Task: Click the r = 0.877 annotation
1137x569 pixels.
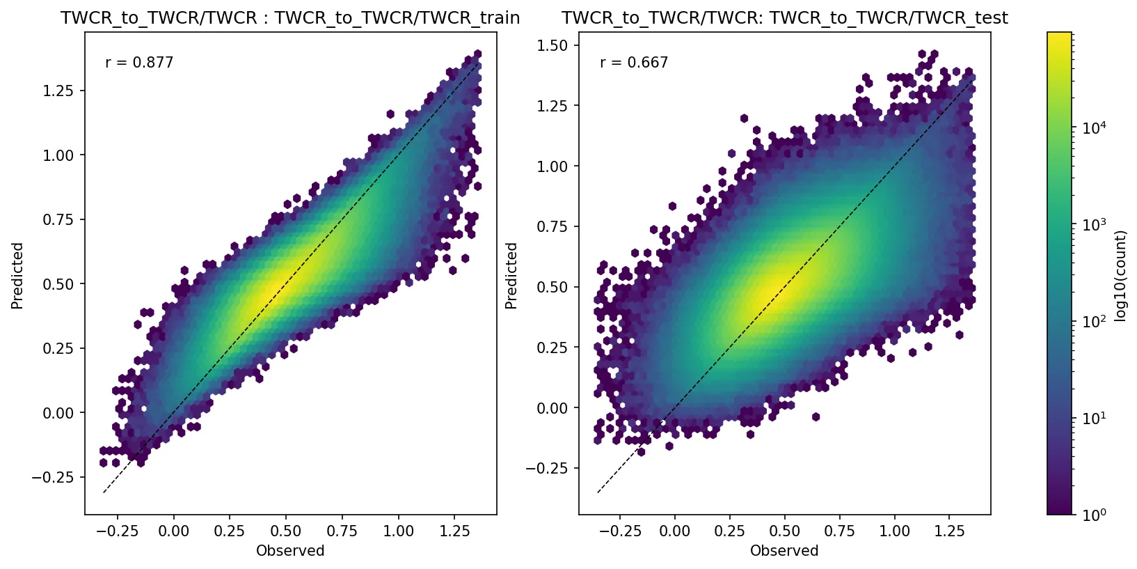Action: (x=139, y=63)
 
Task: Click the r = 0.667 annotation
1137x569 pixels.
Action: (x=633, y=63)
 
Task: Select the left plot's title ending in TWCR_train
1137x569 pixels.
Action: (x=290, y=18)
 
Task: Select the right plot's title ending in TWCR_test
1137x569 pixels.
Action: (x=784, y=18)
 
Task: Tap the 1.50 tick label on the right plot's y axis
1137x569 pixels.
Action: (x=553, y=45)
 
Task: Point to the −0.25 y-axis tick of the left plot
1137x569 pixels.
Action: (x=52, y=478)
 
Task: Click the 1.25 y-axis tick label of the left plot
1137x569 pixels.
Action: (x=58, y=91)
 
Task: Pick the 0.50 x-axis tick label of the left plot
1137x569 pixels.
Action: (x=285, y=531)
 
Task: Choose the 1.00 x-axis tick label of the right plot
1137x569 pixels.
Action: (x=894, y=531)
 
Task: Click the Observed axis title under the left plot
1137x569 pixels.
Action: (x=290, y=551)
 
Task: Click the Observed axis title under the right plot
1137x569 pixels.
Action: (x=784, y=551)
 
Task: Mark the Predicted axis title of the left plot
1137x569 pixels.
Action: (x=17, y=276)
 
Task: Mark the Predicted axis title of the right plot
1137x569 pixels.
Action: (x=511, y=276)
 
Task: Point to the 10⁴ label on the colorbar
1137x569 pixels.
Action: (x=1095, y=127)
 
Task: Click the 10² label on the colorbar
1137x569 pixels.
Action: (x=1095, y=322)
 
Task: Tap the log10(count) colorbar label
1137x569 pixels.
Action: (x=1120, y=276)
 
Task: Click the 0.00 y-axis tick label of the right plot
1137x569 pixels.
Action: (x=553, y=408)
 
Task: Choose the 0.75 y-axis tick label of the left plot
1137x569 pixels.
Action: (x=58, y=219)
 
